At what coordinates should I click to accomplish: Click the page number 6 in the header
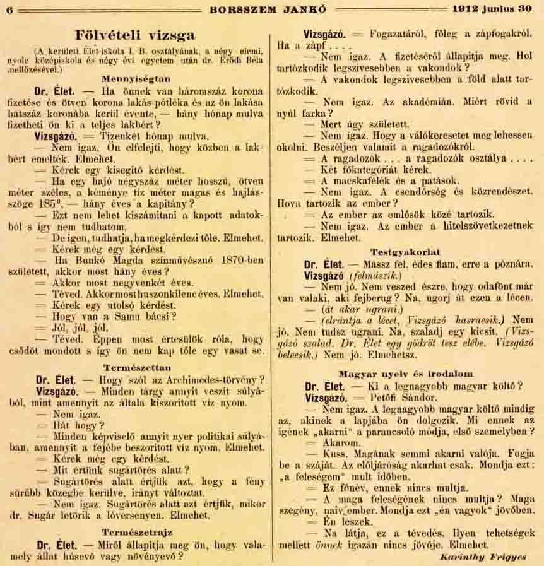point(10,10)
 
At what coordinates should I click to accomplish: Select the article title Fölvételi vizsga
point(135,35)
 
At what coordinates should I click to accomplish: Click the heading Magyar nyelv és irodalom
point(405,374)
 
